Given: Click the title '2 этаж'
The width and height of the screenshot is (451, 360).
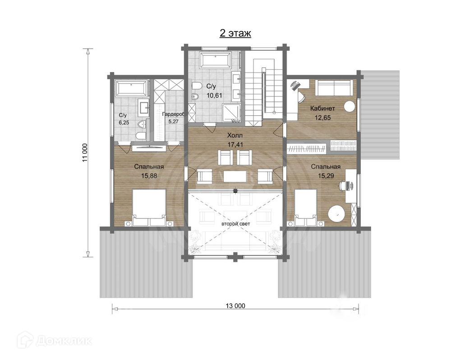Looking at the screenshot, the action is [235, 33].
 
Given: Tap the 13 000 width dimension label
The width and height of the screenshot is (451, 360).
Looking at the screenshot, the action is [235, 305].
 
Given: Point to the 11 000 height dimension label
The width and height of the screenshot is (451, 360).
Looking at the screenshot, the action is [85, 153].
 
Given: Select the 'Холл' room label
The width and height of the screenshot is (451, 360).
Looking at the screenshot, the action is [235, 135].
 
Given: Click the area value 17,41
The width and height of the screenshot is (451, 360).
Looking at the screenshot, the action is [235, 145].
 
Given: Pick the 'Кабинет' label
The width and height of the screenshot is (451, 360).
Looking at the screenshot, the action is [322, 108].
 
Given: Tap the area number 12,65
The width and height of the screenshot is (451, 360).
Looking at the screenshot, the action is [323, 118].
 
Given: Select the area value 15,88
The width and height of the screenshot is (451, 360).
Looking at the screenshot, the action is [149, 176].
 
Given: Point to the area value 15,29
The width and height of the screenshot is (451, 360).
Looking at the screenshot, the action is [326, 176].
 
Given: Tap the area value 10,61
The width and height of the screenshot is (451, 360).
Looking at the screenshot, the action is [214, 96].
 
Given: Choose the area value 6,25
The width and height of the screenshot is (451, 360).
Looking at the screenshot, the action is [124, 123].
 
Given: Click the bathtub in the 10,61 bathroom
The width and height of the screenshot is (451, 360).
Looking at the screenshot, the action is [216, 60].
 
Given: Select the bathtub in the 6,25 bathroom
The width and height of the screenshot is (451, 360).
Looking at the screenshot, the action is [131, 88].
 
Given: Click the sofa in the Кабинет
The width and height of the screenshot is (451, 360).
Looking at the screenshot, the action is [334, 87].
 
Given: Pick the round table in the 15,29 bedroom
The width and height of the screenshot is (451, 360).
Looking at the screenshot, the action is [337, 214].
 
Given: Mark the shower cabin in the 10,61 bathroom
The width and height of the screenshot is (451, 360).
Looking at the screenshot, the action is [231, 113].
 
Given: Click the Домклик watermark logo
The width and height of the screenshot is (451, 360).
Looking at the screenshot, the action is [54, 341].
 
